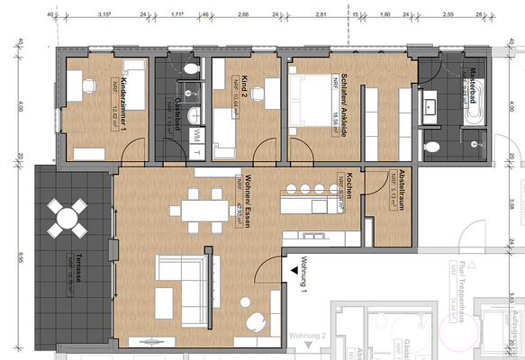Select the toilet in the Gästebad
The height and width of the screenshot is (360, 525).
190,68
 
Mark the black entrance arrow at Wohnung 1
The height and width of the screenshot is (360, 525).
294,265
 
